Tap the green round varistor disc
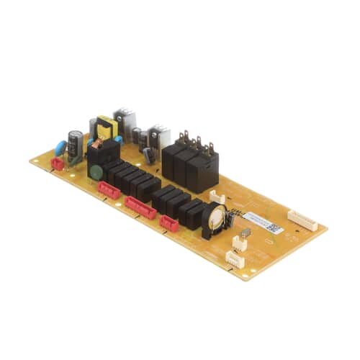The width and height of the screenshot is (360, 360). coord(93,172)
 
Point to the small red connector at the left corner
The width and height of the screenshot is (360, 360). coord(58,164)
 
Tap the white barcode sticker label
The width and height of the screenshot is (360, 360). coord(259,220)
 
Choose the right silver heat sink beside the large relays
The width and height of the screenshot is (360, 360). coord(158,137)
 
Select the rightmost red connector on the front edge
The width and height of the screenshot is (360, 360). coord(169,224)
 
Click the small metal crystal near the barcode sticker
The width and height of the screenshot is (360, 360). coord(246,233)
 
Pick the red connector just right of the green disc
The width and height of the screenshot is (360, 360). coord(109,189)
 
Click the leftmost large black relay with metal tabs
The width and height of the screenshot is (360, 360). coord(172,158)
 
